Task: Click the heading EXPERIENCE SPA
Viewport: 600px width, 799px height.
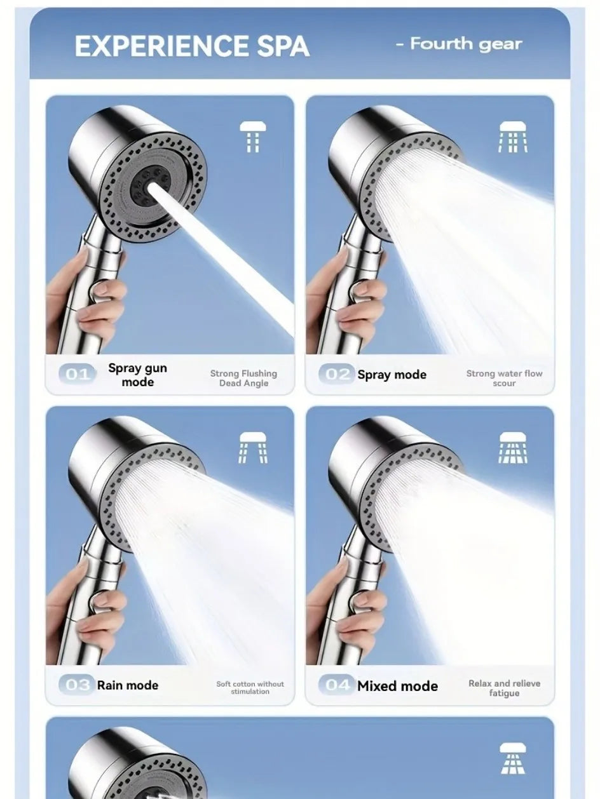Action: point(191,46)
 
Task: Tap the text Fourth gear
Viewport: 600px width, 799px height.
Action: point(459,44)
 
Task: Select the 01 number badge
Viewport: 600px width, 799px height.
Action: point(78,374)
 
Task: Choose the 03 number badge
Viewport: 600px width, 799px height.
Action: point(78,685)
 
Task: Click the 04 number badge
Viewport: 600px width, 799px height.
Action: point(337,685)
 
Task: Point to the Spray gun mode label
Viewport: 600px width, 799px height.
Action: point(137,375)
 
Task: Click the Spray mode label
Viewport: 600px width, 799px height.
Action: point(392,375)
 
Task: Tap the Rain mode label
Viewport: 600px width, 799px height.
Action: point(127,685)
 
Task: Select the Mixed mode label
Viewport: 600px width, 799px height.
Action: point(397,685)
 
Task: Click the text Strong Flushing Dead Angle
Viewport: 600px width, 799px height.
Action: point(243,378)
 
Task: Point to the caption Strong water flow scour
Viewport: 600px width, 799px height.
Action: point(504,378)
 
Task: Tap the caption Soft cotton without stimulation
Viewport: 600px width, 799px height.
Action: point(250,687)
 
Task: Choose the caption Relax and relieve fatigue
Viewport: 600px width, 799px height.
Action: point(504,688)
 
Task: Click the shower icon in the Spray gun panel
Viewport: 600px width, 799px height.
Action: point(253,137)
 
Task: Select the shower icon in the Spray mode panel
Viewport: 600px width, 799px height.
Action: point(512,137)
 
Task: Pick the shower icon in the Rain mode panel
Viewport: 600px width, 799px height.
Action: point(253,447)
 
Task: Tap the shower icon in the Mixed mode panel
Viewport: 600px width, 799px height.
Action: point(512,447)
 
